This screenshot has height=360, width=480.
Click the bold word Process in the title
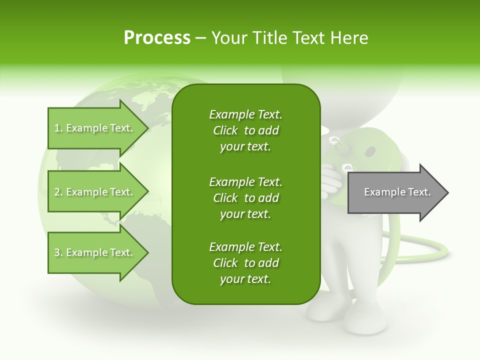[x=157, y=38]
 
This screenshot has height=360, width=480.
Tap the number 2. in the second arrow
[x=58, y=192]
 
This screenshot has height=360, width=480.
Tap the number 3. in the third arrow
[x=58, y=252]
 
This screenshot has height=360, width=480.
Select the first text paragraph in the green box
[x=245, y=130]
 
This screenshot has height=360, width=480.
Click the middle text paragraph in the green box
[x=245, y=197]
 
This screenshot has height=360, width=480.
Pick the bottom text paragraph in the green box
[x=245, y=263]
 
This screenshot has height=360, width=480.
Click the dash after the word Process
[x=201, y=38]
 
